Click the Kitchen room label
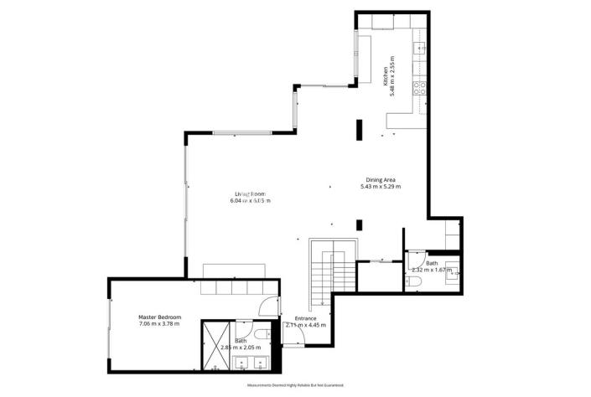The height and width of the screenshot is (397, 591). point(386,76)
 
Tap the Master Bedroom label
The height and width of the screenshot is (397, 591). point(159,317)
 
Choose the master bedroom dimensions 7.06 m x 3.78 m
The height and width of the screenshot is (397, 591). point(159,326)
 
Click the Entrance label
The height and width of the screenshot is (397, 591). point(305,318)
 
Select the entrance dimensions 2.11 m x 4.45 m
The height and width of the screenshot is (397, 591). point(305,326)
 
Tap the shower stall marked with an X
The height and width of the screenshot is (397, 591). point(213,346)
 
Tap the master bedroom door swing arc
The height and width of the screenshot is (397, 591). point(267,307)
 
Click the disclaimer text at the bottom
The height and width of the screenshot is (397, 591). point(295,385)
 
